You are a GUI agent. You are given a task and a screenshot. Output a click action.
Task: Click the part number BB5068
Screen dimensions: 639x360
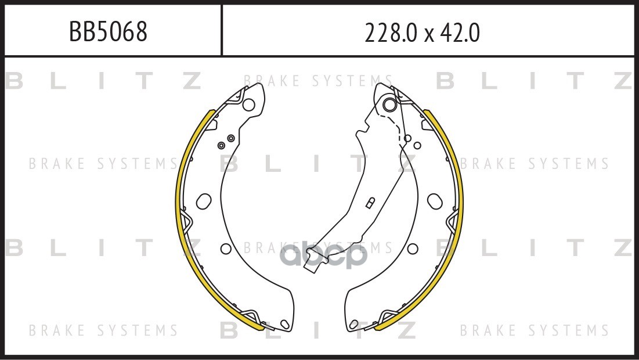[108, 31]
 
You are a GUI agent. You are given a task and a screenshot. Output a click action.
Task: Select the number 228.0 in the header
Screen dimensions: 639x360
[391, 33]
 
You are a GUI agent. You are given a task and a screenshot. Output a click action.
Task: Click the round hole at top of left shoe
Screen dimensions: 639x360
[248, 105]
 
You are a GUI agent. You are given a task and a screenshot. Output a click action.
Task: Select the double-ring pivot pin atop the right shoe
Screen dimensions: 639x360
[390, 105]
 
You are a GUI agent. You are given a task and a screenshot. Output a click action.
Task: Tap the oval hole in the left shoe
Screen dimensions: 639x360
[204, 201]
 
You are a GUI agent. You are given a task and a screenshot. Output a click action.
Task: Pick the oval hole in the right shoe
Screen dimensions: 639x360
[435, 201]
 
